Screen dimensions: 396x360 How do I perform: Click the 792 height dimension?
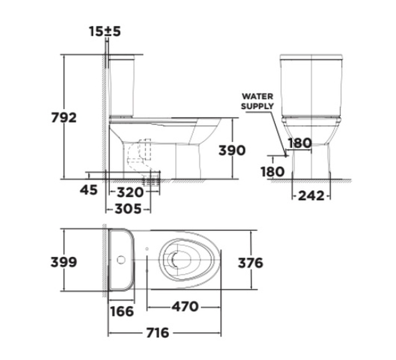point(64,118)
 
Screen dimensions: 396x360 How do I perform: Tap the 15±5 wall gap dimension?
point(105,32)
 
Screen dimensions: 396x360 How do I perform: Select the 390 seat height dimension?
point(232,150)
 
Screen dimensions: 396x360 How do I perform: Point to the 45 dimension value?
point(89,190)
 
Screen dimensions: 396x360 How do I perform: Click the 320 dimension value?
point(130,193)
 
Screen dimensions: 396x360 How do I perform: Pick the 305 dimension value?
point(128,209)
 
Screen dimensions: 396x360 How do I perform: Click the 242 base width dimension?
point(311,196)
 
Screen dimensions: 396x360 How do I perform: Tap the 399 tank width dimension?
point(64,262)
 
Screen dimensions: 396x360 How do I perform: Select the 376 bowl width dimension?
point(251,263)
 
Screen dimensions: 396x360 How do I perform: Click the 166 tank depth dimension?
point(122,311)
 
